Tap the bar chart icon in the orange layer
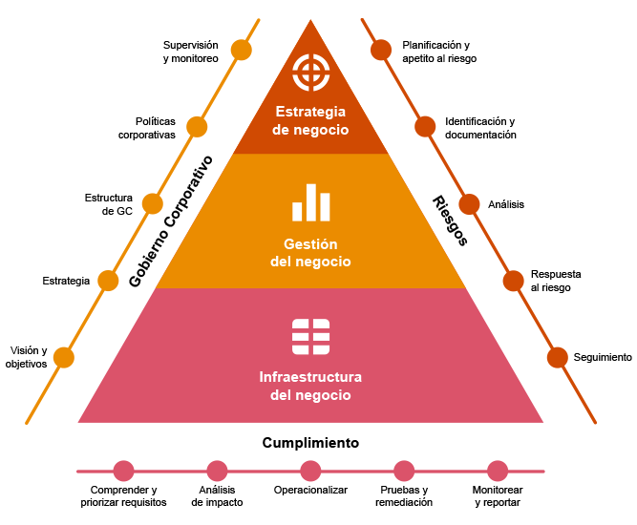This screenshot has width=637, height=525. click(x=311, y=202)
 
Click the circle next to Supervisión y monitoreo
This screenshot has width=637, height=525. click(x=241, y=51)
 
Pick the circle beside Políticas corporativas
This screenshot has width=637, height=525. click(x=197, y=127)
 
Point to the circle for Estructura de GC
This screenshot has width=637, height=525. click(x=153, y=203)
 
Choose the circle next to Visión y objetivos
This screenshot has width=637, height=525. click(x=64, y=358)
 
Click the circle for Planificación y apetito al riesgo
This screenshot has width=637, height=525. click(x=381, y=50)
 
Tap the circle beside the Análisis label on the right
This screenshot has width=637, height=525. click(x=469, y=204)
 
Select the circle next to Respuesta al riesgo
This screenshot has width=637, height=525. click(x=514, y=281)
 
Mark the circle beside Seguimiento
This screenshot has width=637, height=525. click(x=558, y=357)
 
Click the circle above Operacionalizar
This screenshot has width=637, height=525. click(x=310, y=471)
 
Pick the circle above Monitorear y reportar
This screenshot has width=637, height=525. click(x=498, y=471)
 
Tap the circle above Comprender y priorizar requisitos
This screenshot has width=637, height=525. click(x=123, y=471)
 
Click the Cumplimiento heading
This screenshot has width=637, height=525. click(x=310, y=443)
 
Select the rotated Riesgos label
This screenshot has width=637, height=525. click(x=450, y=220)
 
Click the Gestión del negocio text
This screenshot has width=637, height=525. click(x=310, y=252)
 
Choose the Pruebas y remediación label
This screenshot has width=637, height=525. click(x=404, y=495)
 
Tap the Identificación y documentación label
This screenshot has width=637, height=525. click(x=480, y=128)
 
